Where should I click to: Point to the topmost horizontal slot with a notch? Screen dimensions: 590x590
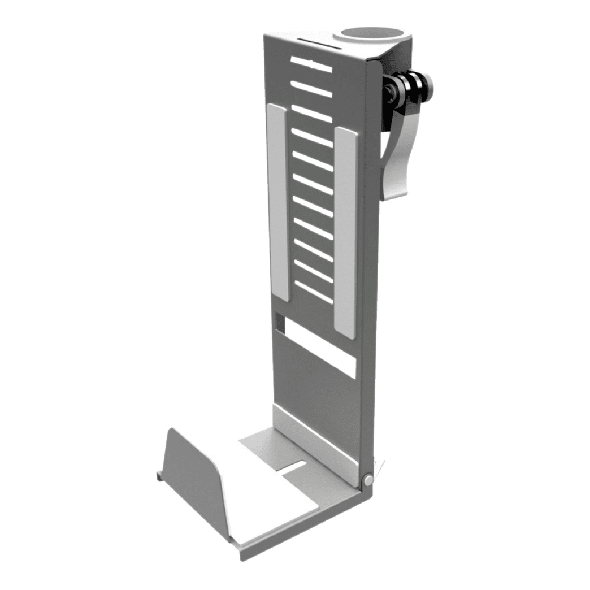311,64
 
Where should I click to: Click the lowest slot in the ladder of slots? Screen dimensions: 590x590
314,292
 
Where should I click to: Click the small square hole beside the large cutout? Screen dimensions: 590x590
278,323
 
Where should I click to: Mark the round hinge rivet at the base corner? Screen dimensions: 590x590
368,480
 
